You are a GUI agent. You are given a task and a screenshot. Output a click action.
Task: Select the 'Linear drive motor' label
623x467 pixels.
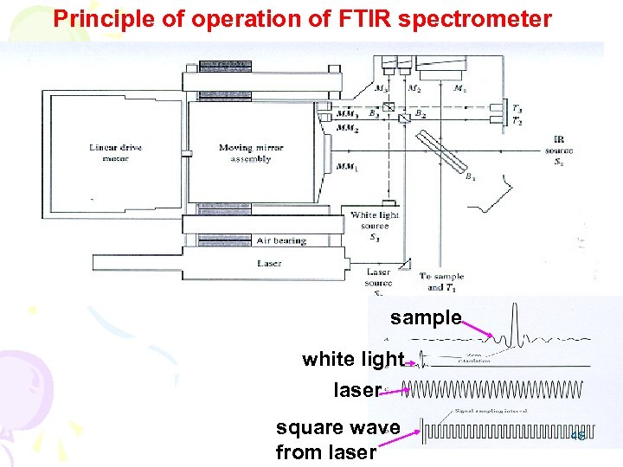click(115, 152)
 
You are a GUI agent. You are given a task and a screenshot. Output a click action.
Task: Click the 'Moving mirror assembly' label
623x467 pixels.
click(249, 153)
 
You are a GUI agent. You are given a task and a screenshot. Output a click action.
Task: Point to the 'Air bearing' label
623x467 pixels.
click(281, 240)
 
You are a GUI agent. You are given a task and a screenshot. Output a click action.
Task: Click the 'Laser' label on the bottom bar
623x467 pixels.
click(269, 263)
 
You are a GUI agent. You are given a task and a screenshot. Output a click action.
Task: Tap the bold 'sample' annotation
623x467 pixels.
click(425, 317)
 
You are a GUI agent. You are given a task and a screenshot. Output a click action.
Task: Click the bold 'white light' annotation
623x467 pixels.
click(352, 358)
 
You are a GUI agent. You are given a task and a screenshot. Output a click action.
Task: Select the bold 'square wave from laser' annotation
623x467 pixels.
click(337, 438)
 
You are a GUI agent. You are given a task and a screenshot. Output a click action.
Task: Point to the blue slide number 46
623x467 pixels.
click(578, 437)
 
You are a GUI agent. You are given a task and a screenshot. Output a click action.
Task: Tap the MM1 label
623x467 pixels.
click(347, 166)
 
